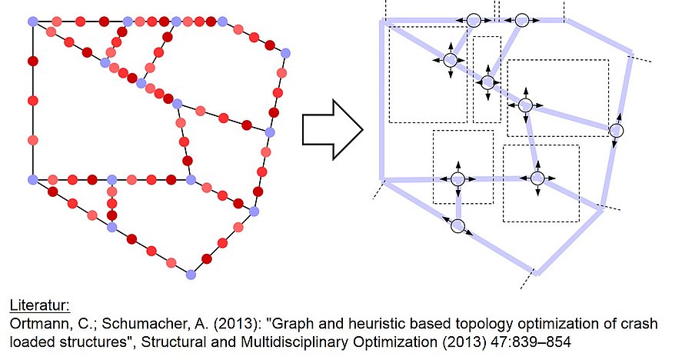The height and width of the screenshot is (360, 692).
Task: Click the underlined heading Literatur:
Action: tap(40, 305)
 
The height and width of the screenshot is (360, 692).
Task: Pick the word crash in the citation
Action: tap(640, 324)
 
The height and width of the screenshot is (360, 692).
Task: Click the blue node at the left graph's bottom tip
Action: tap(191, 275)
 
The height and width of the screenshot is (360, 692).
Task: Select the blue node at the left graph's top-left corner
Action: tap(32, 22)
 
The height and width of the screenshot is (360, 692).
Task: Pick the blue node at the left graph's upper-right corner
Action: tap(285, 53)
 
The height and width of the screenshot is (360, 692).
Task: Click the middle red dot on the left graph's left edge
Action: tap(32, 101)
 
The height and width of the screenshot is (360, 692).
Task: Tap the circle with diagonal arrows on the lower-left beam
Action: tap(458, 226)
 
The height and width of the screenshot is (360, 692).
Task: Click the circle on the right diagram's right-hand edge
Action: tap(617, 131)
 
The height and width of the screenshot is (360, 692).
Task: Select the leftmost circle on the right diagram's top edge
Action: tap(474, 20)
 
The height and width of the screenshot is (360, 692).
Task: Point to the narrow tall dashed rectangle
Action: tap(487, 79)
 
